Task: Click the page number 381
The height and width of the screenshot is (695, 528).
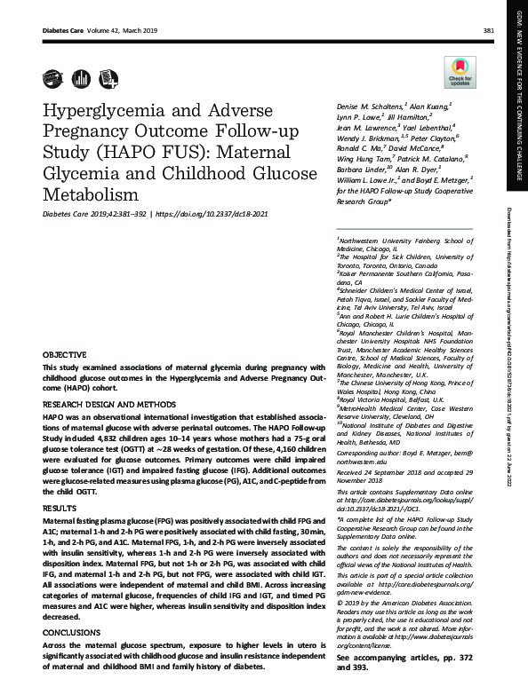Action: (488, 30)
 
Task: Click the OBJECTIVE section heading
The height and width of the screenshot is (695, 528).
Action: (65, 353)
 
